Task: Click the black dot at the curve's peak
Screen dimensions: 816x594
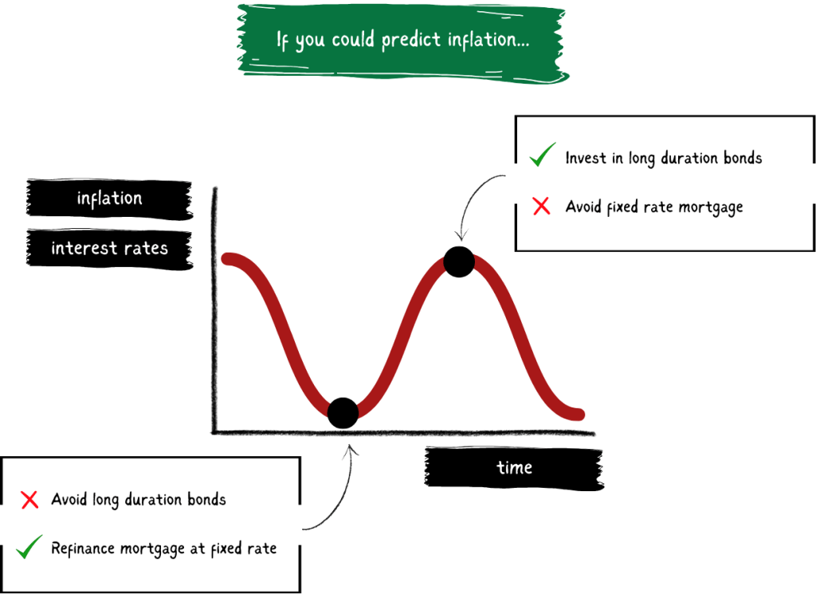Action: pos(459,262)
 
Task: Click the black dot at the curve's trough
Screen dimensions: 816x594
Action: pos(343,413)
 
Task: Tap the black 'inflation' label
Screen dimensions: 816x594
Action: pos(109,199)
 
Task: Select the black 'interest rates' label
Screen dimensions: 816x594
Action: pos(109,248)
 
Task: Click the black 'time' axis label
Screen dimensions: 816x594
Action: pos(514,467)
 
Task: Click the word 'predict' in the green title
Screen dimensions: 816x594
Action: pos(411,41)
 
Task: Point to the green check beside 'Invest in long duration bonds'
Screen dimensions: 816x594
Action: pos(542,154)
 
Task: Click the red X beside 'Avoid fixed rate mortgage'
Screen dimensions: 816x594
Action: pos(541,206)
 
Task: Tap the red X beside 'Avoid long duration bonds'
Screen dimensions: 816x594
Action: pos(29,499)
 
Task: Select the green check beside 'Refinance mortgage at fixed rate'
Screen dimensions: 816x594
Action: pos(29,547)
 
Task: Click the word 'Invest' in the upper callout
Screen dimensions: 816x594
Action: pos(586,158)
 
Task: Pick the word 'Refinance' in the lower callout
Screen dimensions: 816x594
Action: pos(83,549)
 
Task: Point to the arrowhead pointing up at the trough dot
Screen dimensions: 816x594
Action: pos(351,448)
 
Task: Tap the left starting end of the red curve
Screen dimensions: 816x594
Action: pos(227,258)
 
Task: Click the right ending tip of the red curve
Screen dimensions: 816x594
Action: pos(579,415)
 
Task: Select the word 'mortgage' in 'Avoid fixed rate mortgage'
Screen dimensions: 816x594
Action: pos(712,208)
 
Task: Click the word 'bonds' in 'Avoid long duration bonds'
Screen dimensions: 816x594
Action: pos(206,499)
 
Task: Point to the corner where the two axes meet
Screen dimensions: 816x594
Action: pos(214,432)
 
